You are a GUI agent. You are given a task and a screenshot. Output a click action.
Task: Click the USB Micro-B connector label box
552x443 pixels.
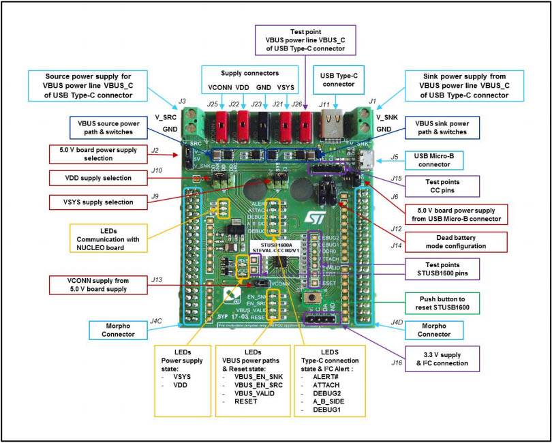434,161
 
